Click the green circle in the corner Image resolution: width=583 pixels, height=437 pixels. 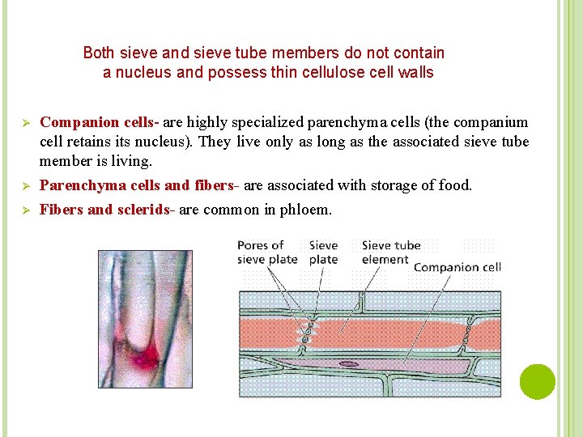pyautogui.click(x=538, y=382)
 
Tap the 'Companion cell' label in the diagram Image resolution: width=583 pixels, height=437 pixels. pyautogui.click(x=457, y=267)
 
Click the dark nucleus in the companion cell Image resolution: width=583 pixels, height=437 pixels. pyautogui.click(x=349, y=364)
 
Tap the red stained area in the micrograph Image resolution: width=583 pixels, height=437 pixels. pyautogui.click(x=147, y=356)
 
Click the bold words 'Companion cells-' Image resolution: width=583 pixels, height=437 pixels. pyautogui.click(x=100, y=123)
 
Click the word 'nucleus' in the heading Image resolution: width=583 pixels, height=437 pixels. pyautogui.click(x=149, y=73)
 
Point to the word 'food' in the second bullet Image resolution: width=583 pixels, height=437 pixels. pyautogui.click(x=453, y=185)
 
